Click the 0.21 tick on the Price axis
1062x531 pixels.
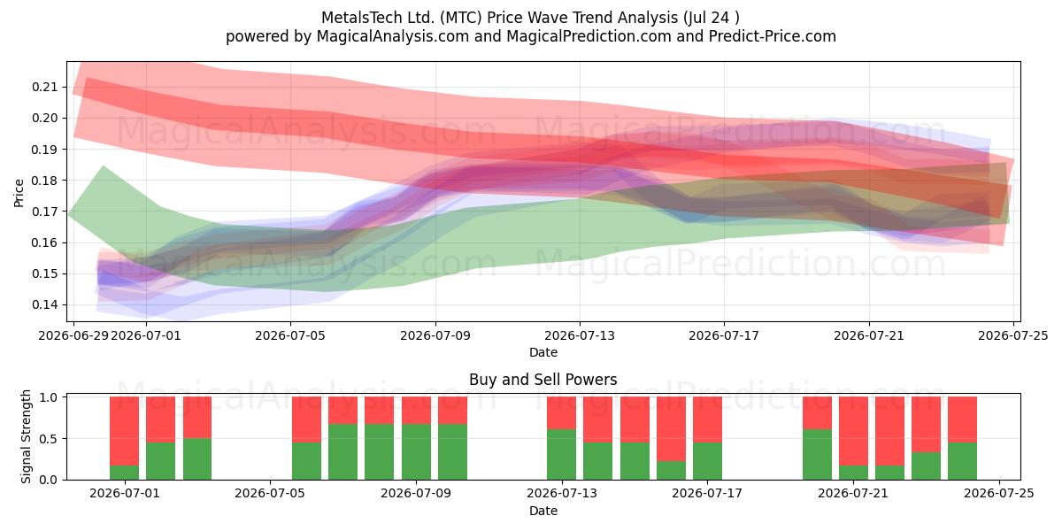44,88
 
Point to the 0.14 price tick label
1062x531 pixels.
44,304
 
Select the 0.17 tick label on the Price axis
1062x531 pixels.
44,212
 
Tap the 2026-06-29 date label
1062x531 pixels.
73,335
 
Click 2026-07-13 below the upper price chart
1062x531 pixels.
580,335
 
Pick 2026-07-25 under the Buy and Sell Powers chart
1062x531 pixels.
999,494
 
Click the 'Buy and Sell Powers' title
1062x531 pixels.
543,380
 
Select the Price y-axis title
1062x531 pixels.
19,193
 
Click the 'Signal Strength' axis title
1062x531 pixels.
26,436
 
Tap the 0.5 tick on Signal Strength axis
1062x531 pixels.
49,439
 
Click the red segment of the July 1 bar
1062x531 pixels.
124,431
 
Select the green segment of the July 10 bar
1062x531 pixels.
452,452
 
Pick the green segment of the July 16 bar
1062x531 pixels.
671,470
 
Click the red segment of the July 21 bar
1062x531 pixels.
853,431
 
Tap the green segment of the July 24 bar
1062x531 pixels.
963,461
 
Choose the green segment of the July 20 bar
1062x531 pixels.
817,455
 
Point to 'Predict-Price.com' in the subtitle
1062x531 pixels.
773,36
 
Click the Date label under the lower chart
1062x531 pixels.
543,511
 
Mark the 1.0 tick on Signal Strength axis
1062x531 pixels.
49,397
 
